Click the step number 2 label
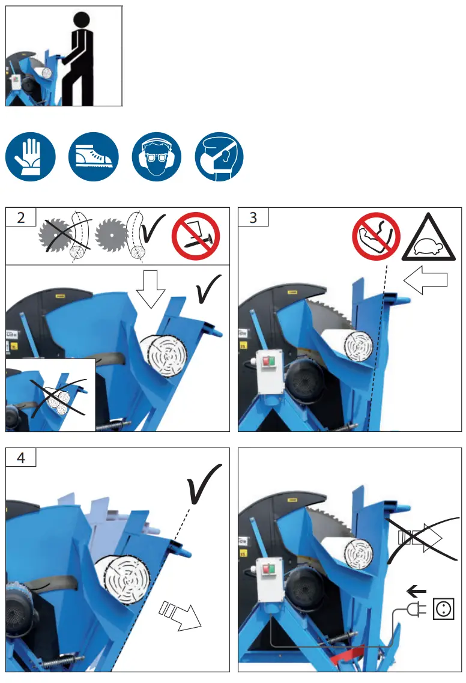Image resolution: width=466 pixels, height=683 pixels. (21, 217)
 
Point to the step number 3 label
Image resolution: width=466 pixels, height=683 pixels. (253, 217)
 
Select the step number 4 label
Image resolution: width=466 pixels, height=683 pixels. (21, 457)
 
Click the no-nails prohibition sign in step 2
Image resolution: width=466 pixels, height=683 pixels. (196, 236)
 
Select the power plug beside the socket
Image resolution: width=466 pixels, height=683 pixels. (414, 610)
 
